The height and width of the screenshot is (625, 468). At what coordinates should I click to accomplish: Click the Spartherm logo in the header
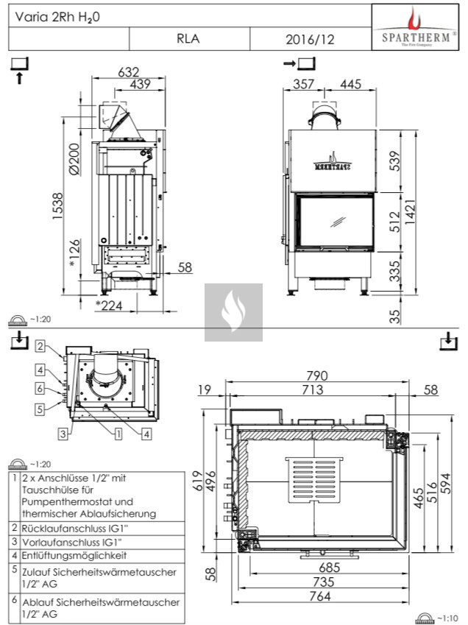[x=417, y=27]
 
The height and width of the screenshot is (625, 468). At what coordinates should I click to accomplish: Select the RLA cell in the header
[x=188, y=40]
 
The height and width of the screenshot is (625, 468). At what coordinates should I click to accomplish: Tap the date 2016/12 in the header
[x=309, y=40]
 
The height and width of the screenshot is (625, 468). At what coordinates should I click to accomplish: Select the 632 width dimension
[x=129, y=71]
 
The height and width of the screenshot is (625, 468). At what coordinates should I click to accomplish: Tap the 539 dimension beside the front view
[x=394, y=159]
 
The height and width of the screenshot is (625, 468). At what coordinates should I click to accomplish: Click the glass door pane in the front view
[x=335, y=221]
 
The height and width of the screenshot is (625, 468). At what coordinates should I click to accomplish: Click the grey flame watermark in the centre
[x=233, y=312]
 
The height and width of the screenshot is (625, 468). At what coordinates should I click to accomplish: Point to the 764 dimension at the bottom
[x=320, y=596]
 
